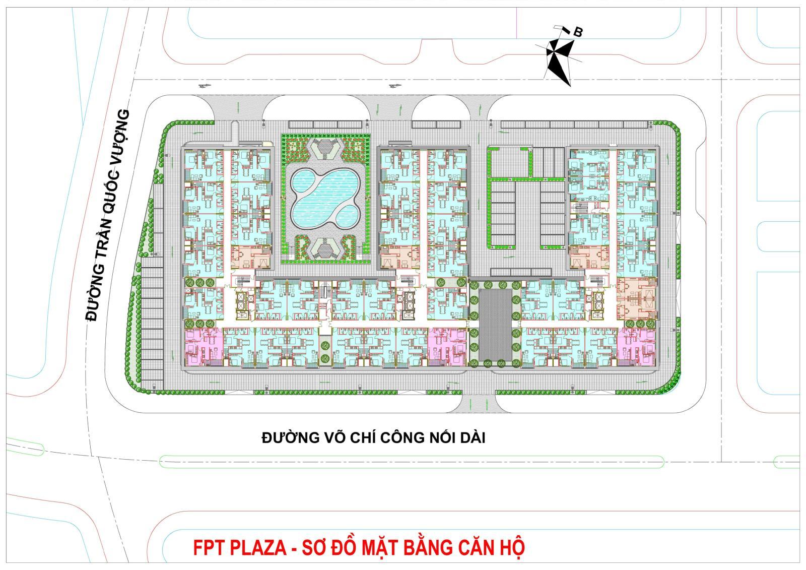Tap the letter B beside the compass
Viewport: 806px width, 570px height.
578,32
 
